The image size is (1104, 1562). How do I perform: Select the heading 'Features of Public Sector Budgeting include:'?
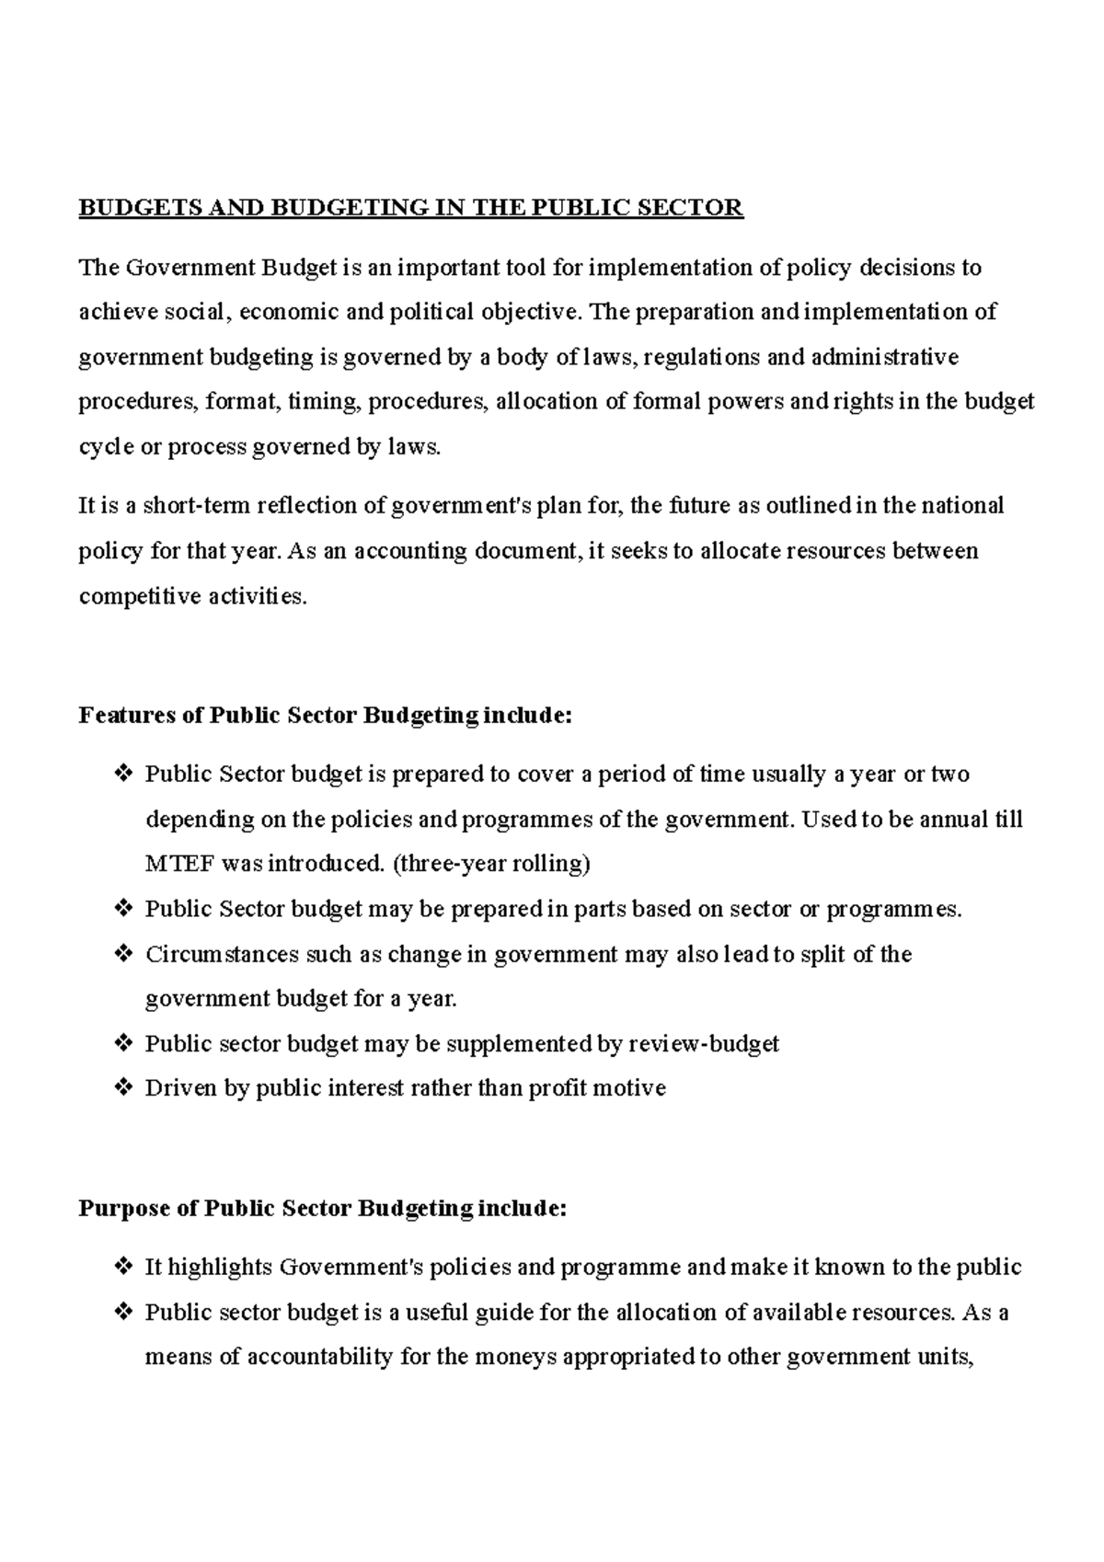click(x=326, y=715)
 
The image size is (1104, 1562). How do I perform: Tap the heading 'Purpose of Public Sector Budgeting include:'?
click(x=323, y=1208)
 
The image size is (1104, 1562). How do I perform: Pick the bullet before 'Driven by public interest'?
click(x=122, y=1088)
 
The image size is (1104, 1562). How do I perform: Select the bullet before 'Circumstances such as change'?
click(x=122, y=954)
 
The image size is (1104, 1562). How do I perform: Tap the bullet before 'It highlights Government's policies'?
click(x=122, y=1267)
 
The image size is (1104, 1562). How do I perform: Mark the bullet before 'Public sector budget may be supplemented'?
click(x=122, y=1043)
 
